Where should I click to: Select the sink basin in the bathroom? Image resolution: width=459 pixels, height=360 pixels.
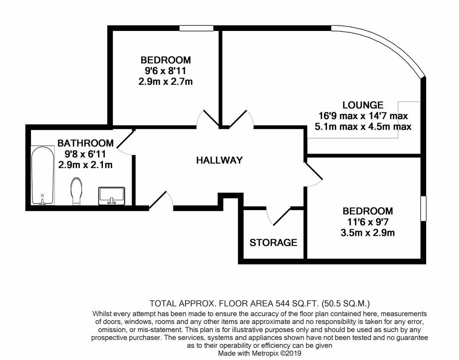[x=111, y=196]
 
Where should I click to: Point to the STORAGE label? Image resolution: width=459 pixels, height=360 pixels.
[x=273, y=242]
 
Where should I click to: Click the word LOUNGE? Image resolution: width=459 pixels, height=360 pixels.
[x=363, y=105]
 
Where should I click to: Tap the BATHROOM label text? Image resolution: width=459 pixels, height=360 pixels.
[x=85, y=143]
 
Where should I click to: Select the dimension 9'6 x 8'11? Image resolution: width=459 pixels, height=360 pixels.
[x=166, y=71]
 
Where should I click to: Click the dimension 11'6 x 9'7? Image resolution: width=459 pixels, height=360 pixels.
[x=368, y=222]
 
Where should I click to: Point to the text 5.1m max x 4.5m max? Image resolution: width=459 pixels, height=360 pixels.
[x=363, y=127]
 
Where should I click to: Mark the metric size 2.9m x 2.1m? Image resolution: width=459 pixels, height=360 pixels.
[x=85, y=165]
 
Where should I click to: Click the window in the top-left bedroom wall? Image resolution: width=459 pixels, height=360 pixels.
[x=197, y=28]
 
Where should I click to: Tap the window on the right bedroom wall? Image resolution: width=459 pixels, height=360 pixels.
[x=423, y=209]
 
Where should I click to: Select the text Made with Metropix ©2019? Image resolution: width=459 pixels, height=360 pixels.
[x=260, y=354]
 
